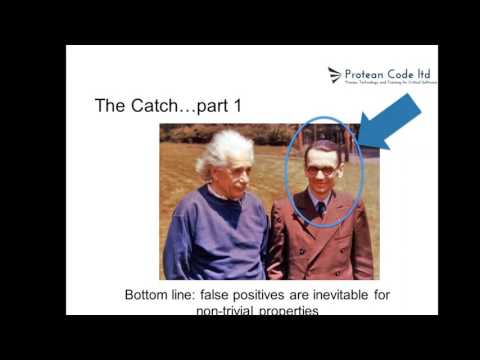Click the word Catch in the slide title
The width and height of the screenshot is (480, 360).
(x=148, y=105)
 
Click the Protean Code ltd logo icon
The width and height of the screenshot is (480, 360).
(x=335, y=74)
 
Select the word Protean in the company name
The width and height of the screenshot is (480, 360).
(x=366, y=73)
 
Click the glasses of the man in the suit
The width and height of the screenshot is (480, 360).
(x=321, y=170)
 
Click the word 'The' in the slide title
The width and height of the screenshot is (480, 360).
(x=108, y=105)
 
